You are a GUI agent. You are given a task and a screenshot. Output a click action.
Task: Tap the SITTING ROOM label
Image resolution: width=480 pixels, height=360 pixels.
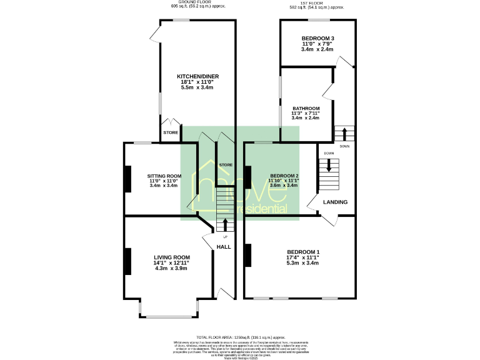tap(164, 176)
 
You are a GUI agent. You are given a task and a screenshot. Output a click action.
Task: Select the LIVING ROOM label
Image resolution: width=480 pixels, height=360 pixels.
tap(172, 257)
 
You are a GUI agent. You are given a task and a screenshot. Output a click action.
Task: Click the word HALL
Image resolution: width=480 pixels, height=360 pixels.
tap(224, 247)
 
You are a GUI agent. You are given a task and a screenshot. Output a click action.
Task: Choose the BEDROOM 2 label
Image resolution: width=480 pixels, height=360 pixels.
tap(284, 176)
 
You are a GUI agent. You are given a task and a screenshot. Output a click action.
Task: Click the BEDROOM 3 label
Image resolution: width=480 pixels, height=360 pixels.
tap(317, 38)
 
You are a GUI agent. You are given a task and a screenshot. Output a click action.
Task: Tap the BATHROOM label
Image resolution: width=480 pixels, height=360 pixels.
tap(306, 108)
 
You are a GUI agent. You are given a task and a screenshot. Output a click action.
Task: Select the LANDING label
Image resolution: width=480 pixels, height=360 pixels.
tap(335, 202)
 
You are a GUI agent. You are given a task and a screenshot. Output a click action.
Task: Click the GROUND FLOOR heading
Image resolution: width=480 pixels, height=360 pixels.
tap(198, 2)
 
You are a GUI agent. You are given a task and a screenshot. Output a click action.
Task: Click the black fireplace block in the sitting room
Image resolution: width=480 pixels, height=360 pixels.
tap(128, 179)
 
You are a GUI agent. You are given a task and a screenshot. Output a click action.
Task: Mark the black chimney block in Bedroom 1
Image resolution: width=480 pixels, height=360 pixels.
tap(248, 255)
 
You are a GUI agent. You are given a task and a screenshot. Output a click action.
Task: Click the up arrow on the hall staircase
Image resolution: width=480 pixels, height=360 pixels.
tap(225, 224)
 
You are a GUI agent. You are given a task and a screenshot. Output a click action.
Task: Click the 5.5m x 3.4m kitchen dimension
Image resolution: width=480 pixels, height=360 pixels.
tap(197, 87)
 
